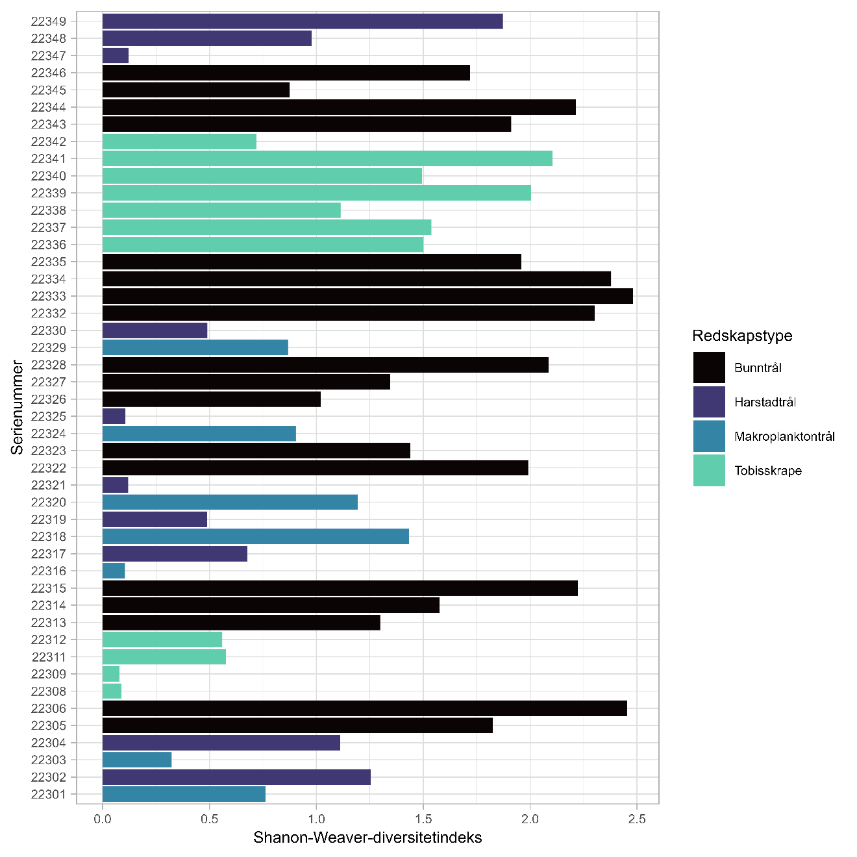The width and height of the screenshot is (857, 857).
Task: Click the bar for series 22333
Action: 367,296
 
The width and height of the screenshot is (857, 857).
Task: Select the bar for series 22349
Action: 303,21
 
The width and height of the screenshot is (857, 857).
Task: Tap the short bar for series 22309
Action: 111,674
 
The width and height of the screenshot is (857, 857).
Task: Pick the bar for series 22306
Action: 365,708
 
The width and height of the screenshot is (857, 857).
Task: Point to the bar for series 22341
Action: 327,158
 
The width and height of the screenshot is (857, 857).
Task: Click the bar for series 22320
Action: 230,502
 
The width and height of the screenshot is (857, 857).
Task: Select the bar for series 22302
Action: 236,777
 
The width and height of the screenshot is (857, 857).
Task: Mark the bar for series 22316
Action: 114,571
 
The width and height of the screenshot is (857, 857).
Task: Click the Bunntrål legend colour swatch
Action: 709,367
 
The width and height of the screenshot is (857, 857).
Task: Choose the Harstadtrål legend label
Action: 765,402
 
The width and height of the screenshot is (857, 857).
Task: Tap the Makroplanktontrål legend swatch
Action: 709,436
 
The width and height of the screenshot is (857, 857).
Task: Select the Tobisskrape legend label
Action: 767,471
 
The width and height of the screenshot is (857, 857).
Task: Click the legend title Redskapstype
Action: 742,336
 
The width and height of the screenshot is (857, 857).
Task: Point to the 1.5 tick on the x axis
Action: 423,819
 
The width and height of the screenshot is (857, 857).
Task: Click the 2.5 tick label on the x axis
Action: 637,819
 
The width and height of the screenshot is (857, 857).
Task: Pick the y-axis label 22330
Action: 49,330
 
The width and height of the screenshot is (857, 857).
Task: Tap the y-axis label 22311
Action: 49,657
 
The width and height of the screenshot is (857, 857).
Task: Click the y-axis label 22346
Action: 49,73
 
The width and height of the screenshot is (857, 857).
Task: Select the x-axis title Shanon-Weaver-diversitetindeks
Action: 367,838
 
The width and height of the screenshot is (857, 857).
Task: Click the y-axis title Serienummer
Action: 17,408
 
